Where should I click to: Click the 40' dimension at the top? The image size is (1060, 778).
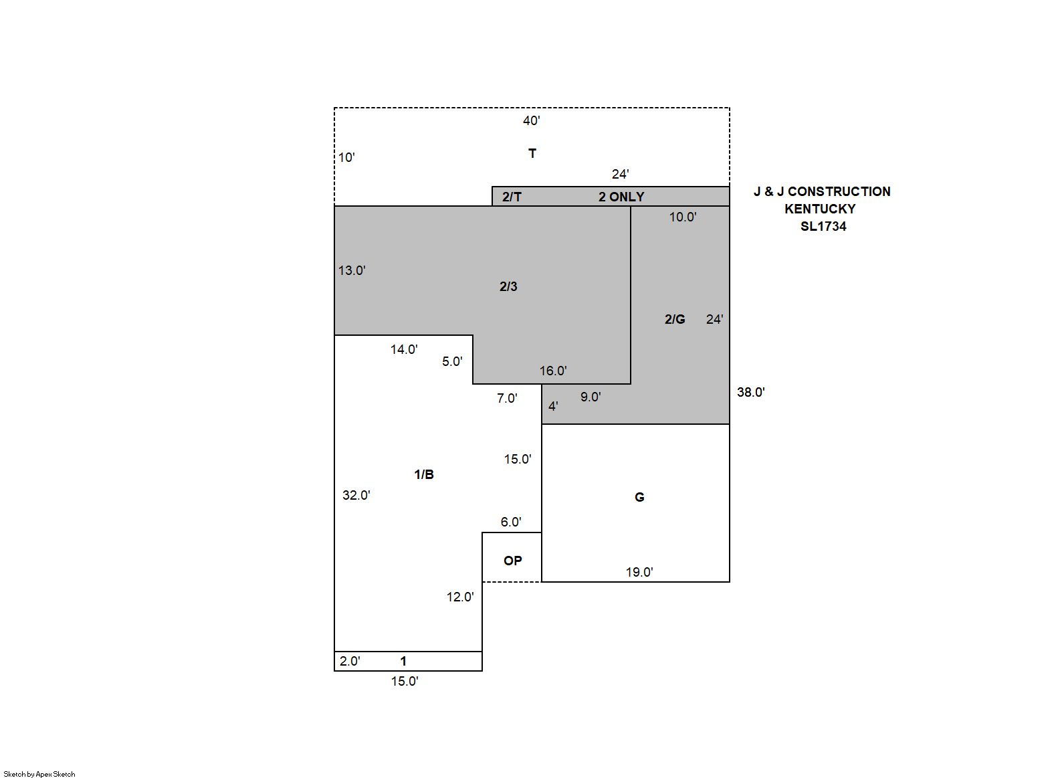[x=531, y=120]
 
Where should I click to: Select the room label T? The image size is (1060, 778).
[x=532, y=153]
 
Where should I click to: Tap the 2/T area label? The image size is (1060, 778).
[x=512, y=197]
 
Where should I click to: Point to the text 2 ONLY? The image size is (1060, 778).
[x=621, y=197]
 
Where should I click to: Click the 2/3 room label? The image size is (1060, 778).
[x=508, y=286]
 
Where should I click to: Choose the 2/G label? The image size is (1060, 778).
[x=674, y=320]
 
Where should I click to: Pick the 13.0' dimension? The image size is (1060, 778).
[x=352, y=270]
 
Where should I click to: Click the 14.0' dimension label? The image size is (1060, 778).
[x=404, y=349]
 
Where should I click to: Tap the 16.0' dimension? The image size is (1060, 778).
[x=552, y=371]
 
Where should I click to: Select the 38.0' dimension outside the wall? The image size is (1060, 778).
[x=750, y=392]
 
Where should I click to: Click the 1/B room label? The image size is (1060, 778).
[x=423, y=474]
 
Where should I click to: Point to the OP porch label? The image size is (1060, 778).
[x=512, y=561]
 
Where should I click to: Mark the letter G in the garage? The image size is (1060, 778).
[x=639, y=497]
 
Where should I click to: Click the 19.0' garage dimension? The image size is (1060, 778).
[x=639, y=572]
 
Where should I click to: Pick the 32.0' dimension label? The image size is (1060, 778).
[x=356, y=495]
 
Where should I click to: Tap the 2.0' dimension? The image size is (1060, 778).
[x=350, y=661]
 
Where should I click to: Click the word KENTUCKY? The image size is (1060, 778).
[x=820, y=209]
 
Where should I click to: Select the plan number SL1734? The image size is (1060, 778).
[x=823, y=226]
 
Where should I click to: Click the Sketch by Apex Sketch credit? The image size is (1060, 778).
[x=39, y=774]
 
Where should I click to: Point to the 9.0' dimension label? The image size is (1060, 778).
[x=591, y=397]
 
